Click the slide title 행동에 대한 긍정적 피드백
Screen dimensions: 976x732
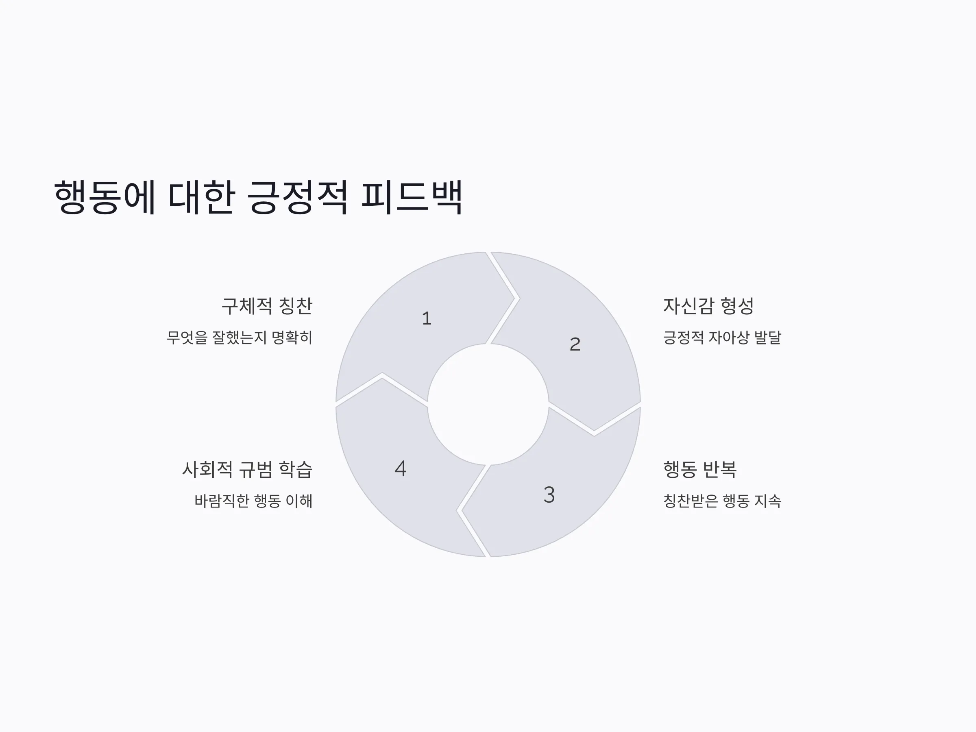(258, 197)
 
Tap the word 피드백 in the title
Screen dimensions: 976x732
(412, 197)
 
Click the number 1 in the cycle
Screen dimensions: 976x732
(427, 318)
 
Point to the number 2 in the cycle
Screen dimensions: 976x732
(575, 344)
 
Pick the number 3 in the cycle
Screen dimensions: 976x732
(549, 495)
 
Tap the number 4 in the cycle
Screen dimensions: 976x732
(401, 468)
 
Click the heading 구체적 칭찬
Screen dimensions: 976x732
(267, 306)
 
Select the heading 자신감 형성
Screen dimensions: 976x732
(708, 306)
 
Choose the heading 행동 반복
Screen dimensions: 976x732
(700, 469)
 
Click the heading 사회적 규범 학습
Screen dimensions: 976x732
(247, 469)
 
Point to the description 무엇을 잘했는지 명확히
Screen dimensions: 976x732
(240, 338)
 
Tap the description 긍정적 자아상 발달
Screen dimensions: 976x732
(722, 338)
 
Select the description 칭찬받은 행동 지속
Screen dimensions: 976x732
(722, 501)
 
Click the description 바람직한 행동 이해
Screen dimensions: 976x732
(254, 501)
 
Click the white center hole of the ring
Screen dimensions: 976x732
(488, 404)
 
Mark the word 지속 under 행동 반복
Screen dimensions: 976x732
(768, 501)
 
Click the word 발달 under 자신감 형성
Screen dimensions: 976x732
(768, 338)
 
